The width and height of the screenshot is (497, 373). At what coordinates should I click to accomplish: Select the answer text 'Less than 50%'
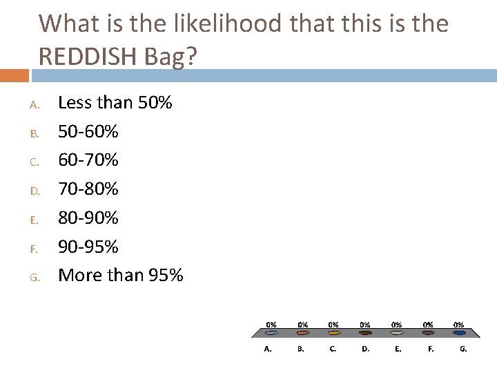115,103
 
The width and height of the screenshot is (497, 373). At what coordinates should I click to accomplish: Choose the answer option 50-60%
88,131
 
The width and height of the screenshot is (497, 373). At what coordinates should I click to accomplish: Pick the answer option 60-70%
88,160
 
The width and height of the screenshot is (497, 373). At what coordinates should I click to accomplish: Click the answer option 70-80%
88,189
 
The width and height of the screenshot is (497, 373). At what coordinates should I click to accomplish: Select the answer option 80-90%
88,218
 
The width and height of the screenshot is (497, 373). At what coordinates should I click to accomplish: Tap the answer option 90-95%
88,246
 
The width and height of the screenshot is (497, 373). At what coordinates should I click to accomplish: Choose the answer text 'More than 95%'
121,275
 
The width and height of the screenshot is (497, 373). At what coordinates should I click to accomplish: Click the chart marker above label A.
272,333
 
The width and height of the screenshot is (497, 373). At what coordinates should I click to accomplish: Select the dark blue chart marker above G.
459,333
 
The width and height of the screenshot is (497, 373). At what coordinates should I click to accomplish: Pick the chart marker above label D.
365,333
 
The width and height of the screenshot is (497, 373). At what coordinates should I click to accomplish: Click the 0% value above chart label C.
333,323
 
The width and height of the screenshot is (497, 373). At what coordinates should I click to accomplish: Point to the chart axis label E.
398,349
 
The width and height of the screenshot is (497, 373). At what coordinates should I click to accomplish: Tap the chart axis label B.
301,349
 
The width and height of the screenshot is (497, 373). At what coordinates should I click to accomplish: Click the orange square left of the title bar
16,74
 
